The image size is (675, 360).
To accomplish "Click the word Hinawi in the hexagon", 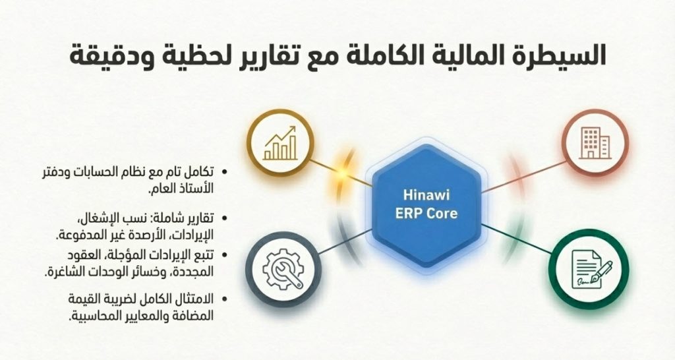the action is (x=426, y=195).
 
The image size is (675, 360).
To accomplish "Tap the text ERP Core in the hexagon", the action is (x=426, y=213).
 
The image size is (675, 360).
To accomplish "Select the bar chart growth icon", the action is (x=280, y=143).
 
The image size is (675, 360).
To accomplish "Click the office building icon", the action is (x=595, y=142).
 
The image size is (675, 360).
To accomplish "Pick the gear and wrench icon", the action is (x=283, y=270).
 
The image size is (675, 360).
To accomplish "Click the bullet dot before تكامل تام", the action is (x=223, y=172).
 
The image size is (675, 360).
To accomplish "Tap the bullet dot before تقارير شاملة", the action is (x=223, y=219).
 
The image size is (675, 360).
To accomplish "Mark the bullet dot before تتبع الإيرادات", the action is (x=223, y=255).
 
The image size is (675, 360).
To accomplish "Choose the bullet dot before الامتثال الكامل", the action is (x=223, y=299).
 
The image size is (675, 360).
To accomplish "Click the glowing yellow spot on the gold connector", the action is (x=342, y=173).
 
